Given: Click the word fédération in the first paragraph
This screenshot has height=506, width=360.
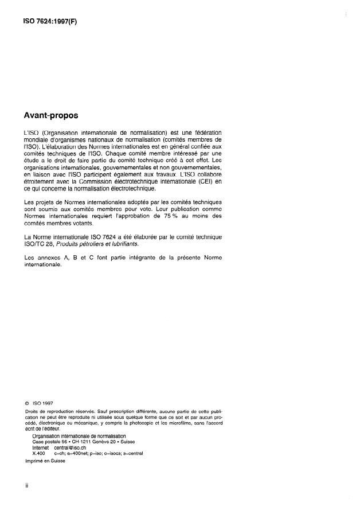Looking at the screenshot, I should pos(205,133).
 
